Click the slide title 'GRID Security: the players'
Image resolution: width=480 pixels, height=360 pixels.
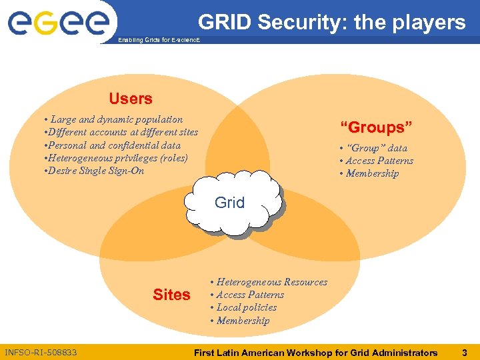pyautogui.click(x=331, y=23)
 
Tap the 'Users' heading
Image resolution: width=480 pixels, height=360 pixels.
pyautogui.click(x=131, y=99)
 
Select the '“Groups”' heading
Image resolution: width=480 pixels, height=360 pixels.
pyautogui.click(x=377, y=127)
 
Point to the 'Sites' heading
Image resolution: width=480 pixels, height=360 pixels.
pyautogui.click(x=171, y=295)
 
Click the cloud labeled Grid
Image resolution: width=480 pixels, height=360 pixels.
pyautogui.click(x=229, y=203)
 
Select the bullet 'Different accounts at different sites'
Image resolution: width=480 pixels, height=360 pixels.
pyautogui.click(x=121, y=132)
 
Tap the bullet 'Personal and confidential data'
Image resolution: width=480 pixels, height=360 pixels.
pyautogui.click(x=112, y=145)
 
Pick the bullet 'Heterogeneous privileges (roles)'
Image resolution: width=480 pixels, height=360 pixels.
pyautogui.click(x=116, y=158)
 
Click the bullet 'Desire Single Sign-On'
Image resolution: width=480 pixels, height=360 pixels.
pyautogui.click(x=93, y=171)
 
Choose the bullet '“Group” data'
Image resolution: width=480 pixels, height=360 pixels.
pyautogui.click(x=373, y=148)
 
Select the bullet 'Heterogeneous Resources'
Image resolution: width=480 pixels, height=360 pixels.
pyautogui.click(x=269, y=282)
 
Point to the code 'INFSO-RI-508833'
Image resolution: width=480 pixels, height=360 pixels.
pyautogui.click(x=40, y=352)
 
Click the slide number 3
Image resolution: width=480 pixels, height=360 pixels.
pyautogui.click(x=465, y=352)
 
